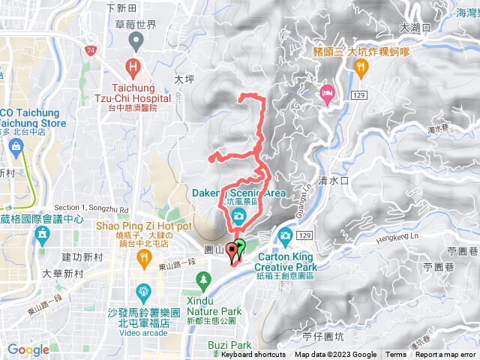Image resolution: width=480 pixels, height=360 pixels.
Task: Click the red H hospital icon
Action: [x=133, y=67]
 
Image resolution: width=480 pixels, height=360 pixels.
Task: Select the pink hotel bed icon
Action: [x=327, y=92]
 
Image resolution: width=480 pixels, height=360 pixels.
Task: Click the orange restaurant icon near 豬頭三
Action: [x=361, y=67]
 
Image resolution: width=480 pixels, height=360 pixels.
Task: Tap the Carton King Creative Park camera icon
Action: [x=285, y=237]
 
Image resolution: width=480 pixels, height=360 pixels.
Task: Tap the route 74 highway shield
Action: [x=91, y=50]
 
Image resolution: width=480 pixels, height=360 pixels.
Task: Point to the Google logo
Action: [x=28, y=349]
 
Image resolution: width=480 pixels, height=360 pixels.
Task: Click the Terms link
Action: [x=396, y=355]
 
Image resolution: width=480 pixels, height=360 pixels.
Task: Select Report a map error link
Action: [x=445, y=355]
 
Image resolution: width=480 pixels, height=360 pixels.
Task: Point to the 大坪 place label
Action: [x=184, y=77]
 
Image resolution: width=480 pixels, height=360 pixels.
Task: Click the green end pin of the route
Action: [x=240, y=246]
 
